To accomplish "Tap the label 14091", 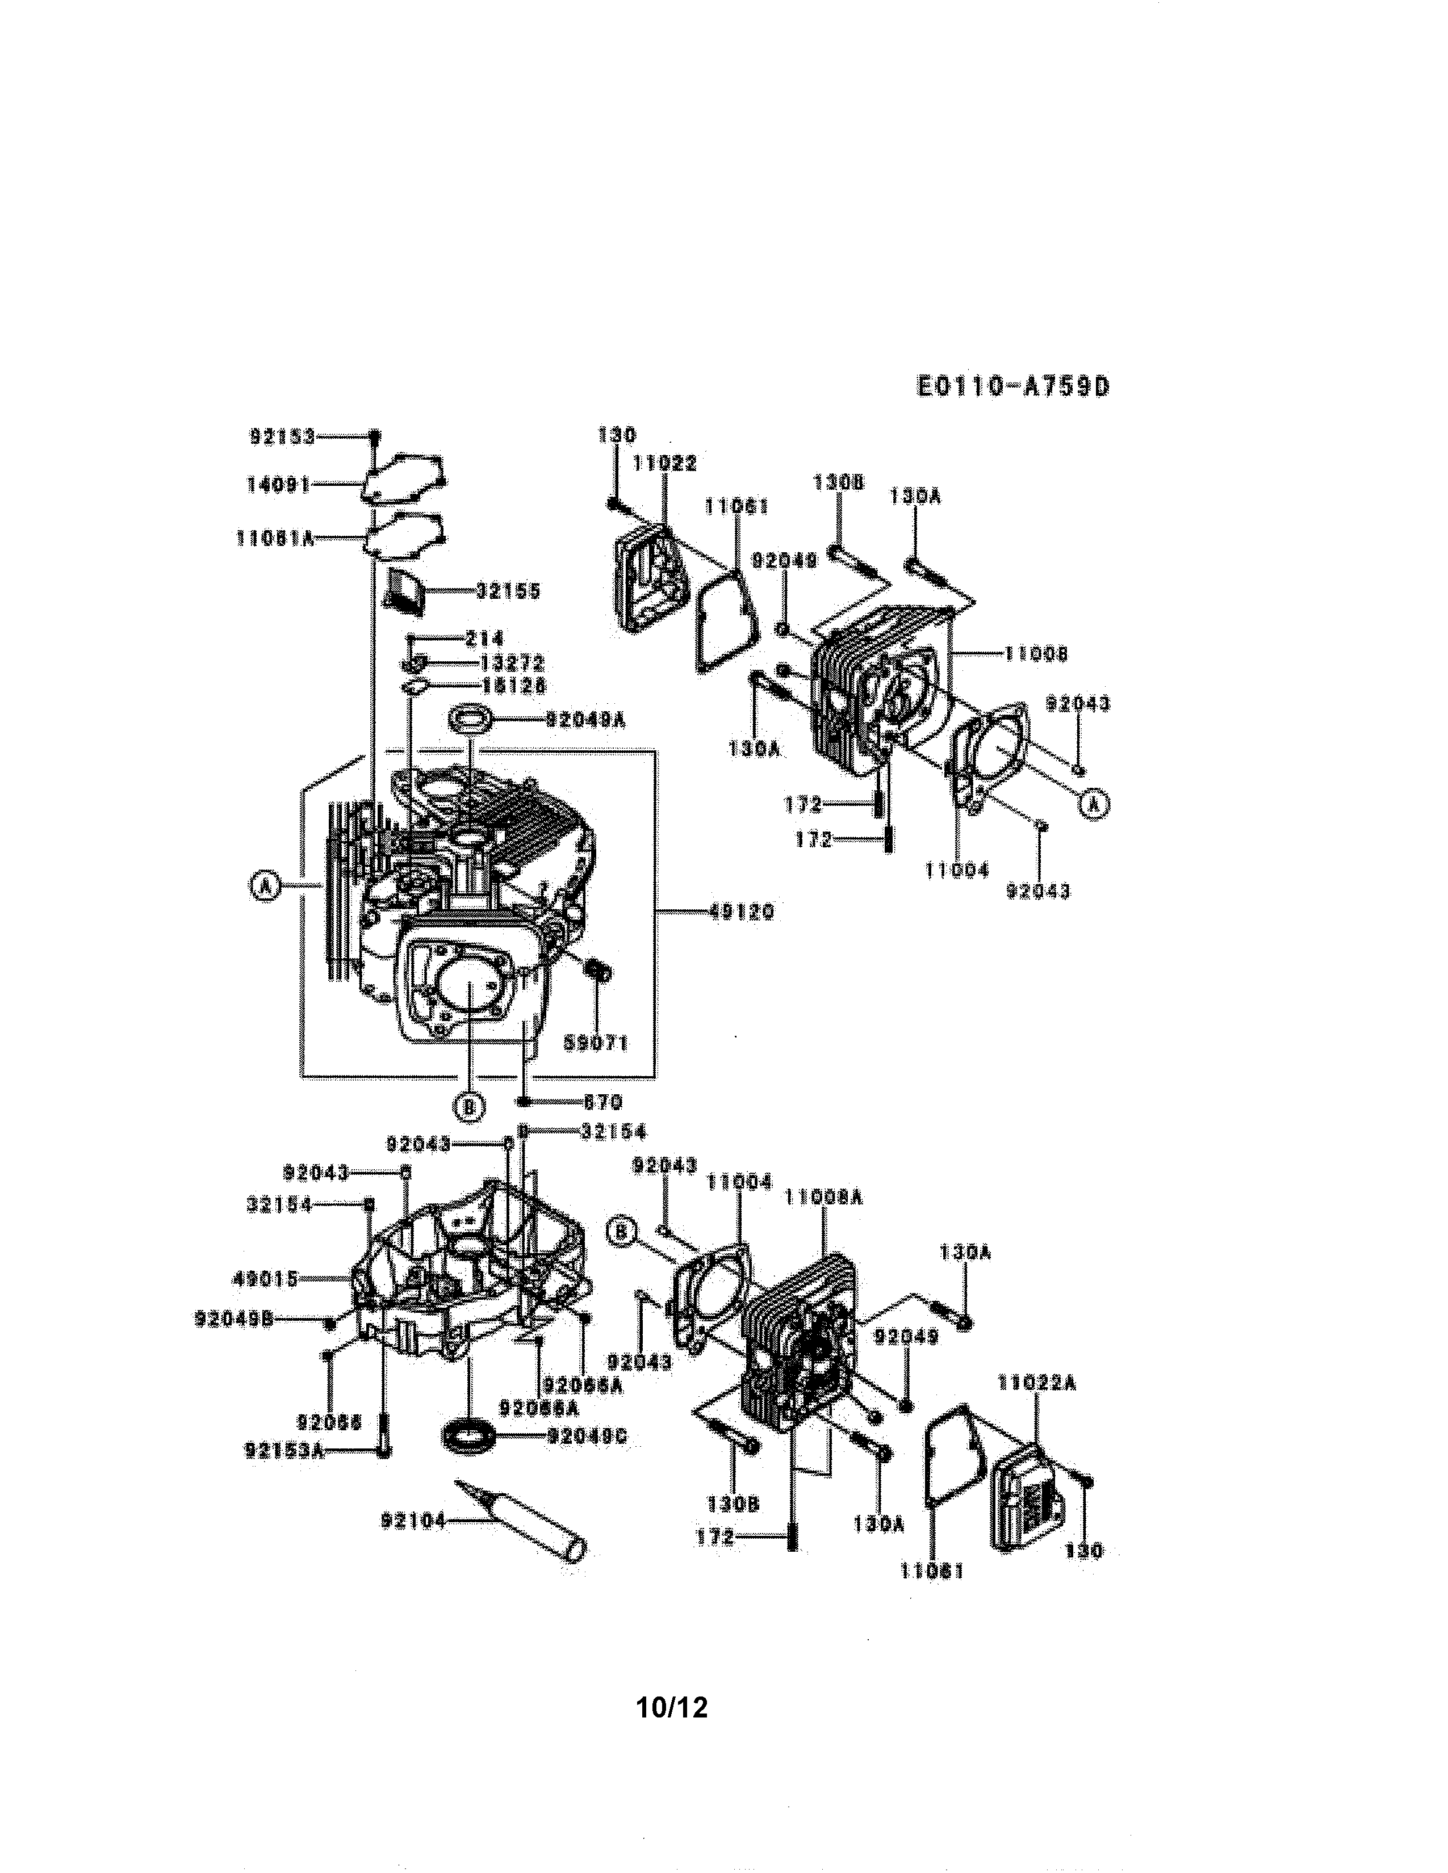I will click(x=278, y=485).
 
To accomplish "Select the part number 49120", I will click(x=742, y=913).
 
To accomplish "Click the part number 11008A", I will click(x=823, y=1197).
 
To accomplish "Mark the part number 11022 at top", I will click(x=665, y=464).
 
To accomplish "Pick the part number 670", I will click(x=602, y=1102).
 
